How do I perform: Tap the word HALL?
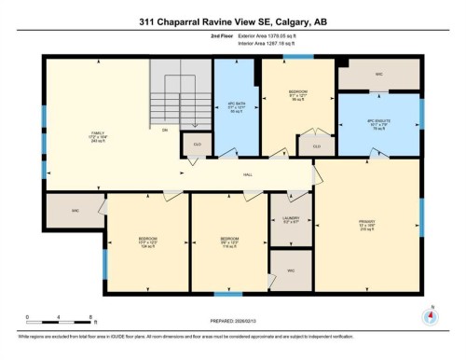pyautogui.click(x=248, y=173)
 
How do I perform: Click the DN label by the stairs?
pyautogui.click(x=164, y=130)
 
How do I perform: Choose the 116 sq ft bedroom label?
pyautogui.click(x=228, y=239)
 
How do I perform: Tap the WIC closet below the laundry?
pyautogui.click(x=291, y=270)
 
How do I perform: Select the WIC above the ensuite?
pyautogui.click(x=377, y=73)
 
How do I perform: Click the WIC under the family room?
pyautogui.click(x=75, y=211)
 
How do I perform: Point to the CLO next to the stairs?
pyautogui.click(x=198, y=145)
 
